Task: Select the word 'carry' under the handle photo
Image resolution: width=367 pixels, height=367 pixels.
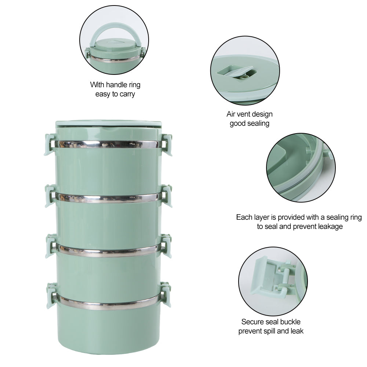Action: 127,94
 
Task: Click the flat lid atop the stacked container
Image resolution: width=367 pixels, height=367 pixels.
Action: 108,124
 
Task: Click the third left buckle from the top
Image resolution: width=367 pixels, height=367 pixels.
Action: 51,246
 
